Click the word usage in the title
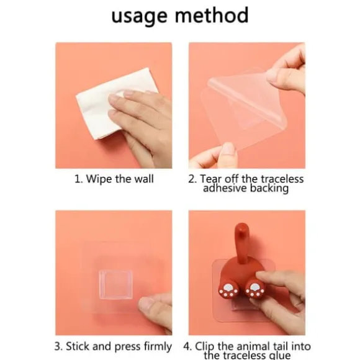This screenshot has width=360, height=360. tap(139, 16)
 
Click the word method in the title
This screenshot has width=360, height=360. tap(212, 14)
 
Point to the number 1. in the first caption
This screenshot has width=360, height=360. tap(79, 179)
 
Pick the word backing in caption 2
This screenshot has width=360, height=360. tap(269, 188)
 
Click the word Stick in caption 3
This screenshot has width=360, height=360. tap(78, 346)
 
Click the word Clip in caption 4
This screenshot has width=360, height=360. tap(205, 347)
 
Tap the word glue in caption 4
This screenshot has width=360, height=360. tap(279, 356)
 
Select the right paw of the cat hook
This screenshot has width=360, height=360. tap(255, 290)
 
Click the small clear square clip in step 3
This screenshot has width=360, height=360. tap(116, 285)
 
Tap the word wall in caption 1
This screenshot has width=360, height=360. tap(144, 179)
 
